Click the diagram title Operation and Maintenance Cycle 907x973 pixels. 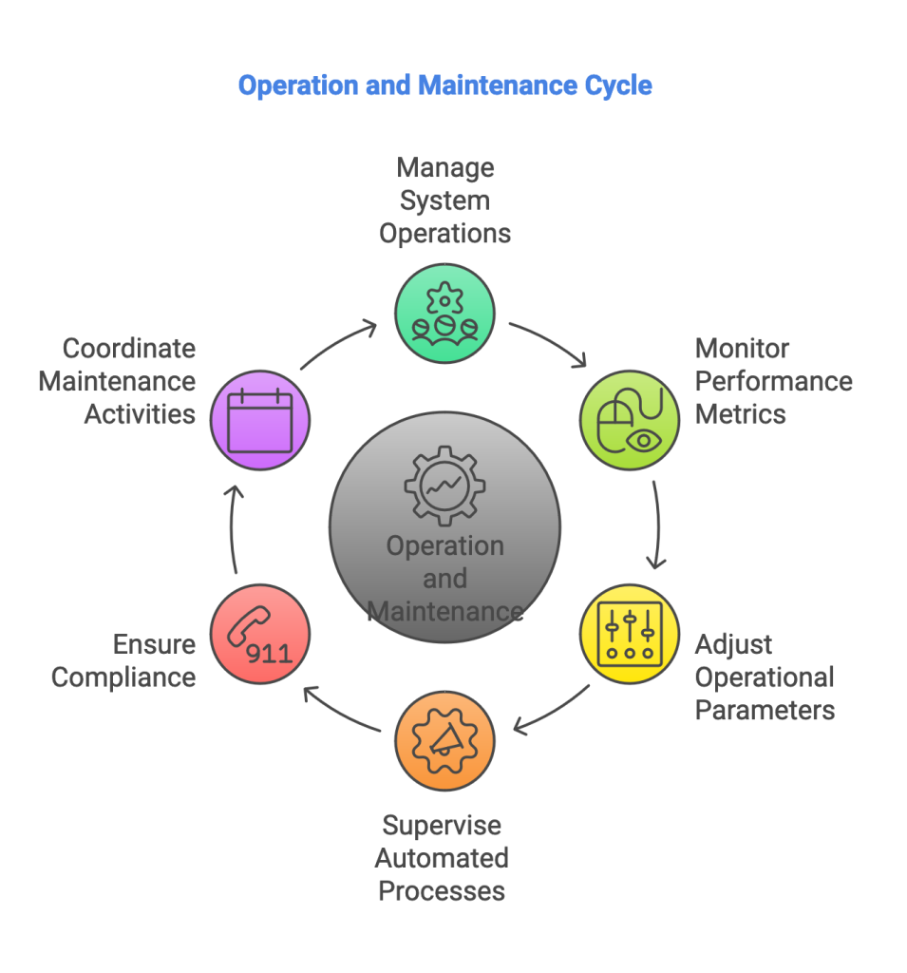[444, 86]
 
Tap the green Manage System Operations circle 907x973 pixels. [444, 314]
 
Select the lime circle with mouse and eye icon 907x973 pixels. [630, 420]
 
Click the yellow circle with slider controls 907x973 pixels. [630, 634]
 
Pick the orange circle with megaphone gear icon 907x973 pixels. [444, 741]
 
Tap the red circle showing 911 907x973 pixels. [259, 634]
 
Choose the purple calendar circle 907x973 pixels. [259, 420]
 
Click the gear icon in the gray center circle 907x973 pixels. [444, 486]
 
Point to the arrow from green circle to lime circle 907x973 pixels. [548, 342]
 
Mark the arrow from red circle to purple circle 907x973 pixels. [234, 528]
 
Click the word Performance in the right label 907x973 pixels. [773, 382]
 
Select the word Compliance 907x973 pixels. [123, 677]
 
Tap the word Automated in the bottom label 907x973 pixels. [442, 859]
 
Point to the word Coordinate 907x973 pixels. [129, 349]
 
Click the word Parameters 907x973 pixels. [765, 711]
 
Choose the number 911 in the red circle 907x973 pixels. [269, 654]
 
